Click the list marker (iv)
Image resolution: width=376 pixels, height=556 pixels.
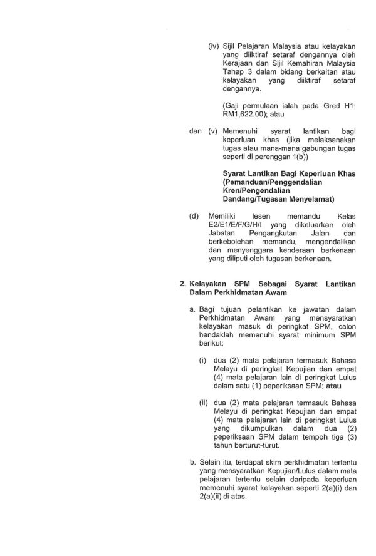(214, 47)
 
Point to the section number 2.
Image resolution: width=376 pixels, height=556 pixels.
(183, 284)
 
